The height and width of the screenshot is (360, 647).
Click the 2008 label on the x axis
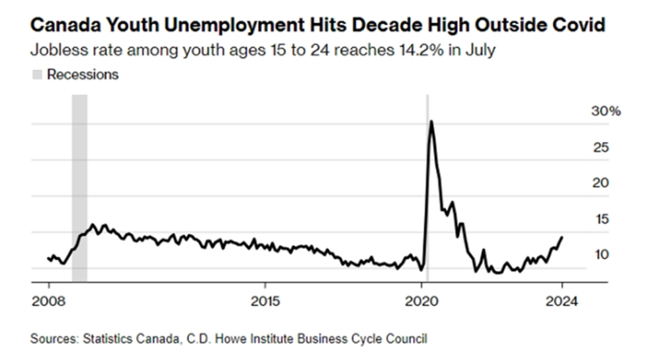coord(48,303)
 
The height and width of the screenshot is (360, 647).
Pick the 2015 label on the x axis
coord(264,303)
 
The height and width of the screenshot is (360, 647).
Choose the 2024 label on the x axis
coord(561,303)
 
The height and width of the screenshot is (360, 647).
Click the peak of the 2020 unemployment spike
coord(432,121)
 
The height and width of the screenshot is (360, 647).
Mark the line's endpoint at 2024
coord(562,237)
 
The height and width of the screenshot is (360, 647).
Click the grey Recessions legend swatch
coord(38,75)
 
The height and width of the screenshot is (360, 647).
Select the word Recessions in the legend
coord(83,75)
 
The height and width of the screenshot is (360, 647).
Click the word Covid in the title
coord(580,23)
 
